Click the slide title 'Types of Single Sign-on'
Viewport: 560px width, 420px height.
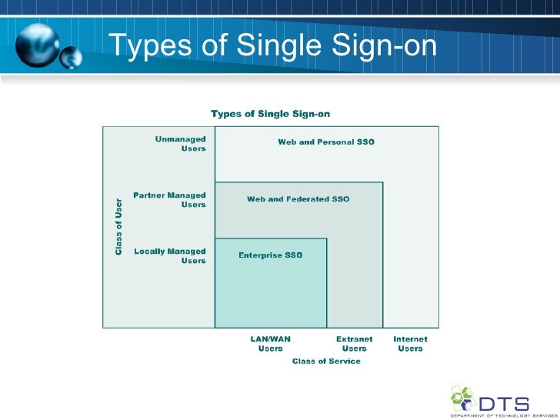[x=272, y=47]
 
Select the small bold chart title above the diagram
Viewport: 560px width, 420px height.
[x=270, y=114]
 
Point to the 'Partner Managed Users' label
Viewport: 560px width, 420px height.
[x=170, y=200]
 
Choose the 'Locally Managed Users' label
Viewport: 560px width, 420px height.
[x=171, y=256]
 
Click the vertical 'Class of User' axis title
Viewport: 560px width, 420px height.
[x=118, y=228]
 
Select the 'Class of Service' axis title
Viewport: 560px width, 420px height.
[x=326, y=362]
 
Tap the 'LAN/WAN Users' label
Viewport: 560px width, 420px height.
[x=271, y=343]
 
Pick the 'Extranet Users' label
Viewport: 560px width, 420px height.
[x=355, y=343]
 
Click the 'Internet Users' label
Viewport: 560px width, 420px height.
[x=410, y=343]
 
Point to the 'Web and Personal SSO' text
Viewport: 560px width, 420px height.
[x=326, y=142]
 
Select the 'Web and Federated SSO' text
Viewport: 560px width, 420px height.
[x=298, y=199]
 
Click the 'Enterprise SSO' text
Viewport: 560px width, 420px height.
[x=271, y=255]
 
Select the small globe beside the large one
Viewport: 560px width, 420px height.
[x=72, y=56]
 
